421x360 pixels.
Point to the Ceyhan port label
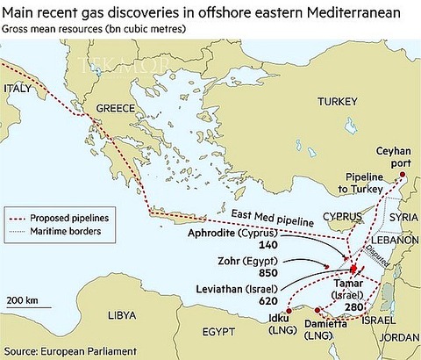pyautogui.click(x=394, y=157)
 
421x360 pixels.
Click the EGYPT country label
pyautogui.click(x=219, y=334)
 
